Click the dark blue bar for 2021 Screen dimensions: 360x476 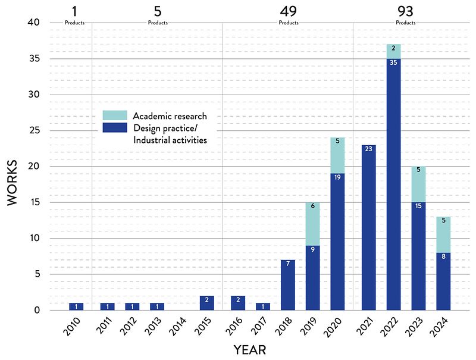click(368, 232)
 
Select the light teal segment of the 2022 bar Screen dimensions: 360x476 click(393, 51)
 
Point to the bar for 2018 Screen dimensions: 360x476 click(288, 284)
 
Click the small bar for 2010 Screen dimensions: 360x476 click(76, 306)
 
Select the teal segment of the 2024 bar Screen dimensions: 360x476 click(443, 234)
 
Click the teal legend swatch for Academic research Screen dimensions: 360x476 click(115, 115)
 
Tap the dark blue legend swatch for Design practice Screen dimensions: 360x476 click(115, 127)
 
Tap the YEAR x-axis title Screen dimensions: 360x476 click(249, 349)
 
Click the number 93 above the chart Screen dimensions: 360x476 click(406, 11)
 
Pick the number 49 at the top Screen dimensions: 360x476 click(288, 11)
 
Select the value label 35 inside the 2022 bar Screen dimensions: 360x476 click(393, 62)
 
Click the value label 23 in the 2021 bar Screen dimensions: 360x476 click(368, 148)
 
